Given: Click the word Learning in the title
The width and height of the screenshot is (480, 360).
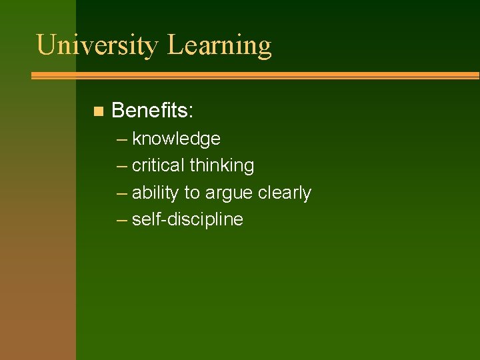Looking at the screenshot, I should (219, 45).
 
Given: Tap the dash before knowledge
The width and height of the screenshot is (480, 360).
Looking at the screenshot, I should (121, 139).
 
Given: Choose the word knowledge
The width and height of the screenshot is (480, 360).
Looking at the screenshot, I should (176, 139).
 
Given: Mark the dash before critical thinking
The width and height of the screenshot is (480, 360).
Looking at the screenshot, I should (121, 166).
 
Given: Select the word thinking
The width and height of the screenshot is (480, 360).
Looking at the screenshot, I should (222, 165).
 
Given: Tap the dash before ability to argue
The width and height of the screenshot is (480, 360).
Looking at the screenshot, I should (121, 193).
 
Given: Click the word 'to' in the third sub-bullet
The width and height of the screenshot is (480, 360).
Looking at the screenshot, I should (191, 193).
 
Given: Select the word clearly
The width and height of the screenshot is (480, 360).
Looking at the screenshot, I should (285, 193).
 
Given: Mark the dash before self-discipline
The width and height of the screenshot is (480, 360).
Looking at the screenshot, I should (121, 220).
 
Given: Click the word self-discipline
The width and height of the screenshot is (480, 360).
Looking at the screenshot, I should (187, 219).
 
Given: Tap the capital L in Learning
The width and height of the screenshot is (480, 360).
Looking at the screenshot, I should (175, 45).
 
